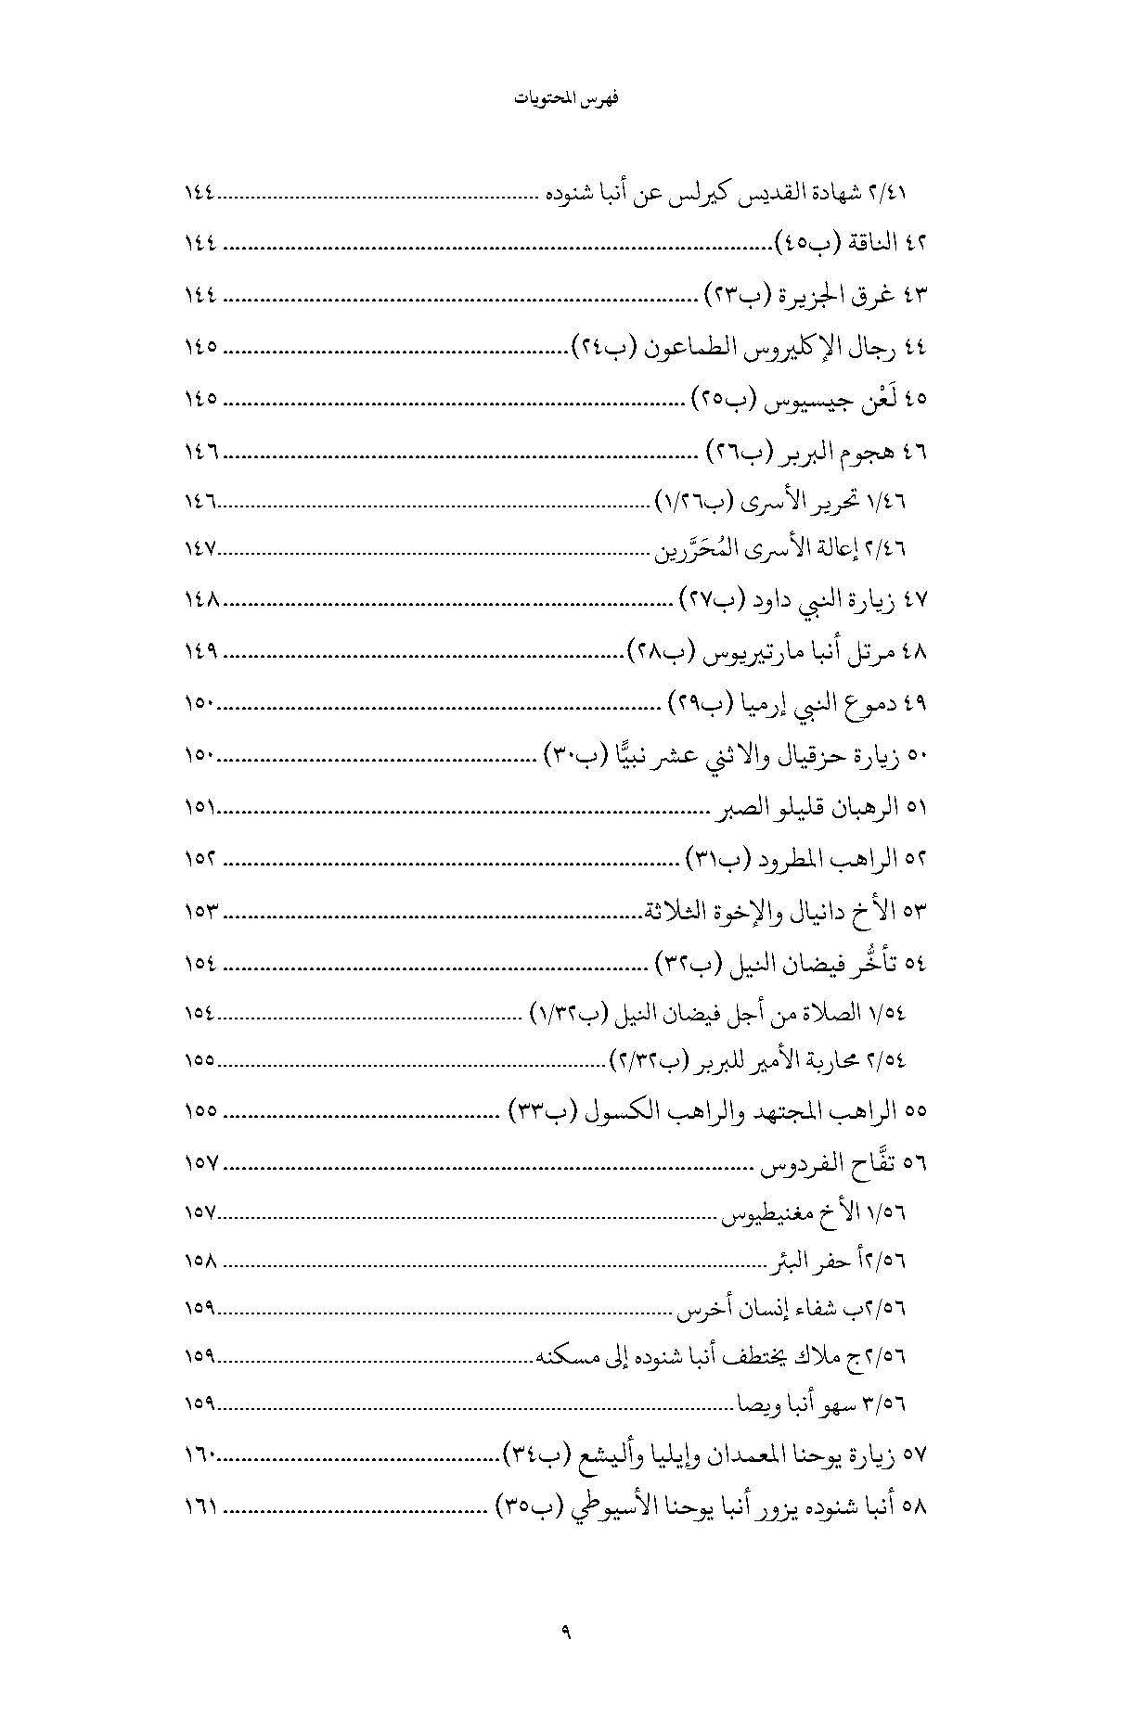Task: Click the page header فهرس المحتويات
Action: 566,98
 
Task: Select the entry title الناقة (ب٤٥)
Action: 830,244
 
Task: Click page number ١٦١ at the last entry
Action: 200,1507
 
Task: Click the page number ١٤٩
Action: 200,652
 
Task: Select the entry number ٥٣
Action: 916,912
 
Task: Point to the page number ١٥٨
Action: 200,1262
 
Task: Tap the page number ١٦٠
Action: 200,1456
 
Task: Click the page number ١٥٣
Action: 200,912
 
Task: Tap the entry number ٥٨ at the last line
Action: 916,1507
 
